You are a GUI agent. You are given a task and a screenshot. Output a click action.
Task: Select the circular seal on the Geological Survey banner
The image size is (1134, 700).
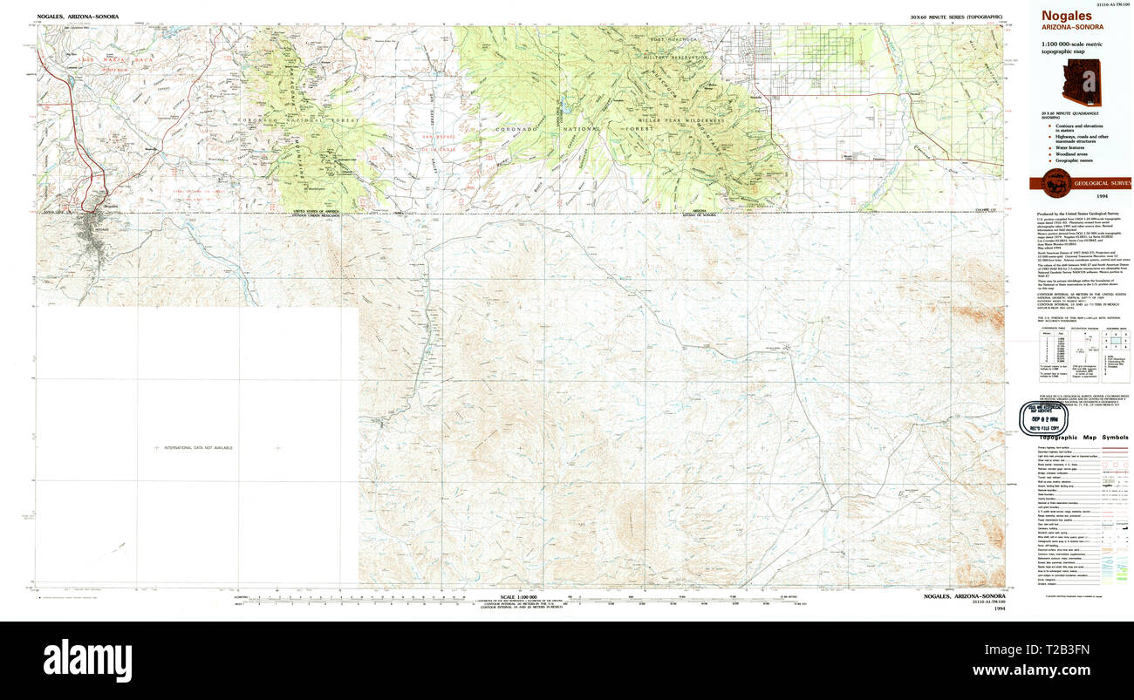(1052, 182)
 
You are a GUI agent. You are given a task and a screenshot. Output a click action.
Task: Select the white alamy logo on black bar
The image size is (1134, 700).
(87, 660)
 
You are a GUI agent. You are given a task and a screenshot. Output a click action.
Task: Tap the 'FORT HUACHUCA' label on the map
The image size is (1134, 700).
(674, 40)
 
